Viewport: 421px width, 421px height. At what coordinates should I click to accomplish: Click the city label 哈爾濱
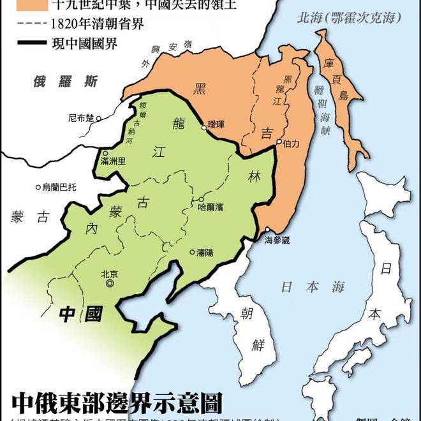pos(211,207)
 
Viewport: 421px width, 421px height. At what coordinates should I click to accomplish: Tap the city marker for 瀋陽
pos(191,252)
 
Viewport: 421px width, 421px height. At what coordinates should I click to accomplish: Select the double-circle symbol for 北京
pos(110,283)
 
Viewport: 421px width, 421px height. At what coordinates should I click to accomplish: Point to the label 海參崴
pos(277,240)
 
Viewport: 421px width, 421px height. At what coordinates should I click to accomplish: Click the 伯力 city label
pos(292,144)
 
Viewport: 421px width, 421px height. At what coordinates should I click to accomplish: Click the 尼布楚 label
pos(80,117)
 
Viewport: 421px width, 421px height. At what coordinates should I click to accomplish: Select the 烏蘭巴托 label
pos(59,187)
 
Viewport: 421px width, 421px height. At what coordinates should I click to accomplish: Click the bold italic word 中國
pos(80,313)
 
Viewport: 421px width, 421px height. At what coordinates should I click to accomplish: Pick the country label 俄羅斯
pos(66,81)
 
